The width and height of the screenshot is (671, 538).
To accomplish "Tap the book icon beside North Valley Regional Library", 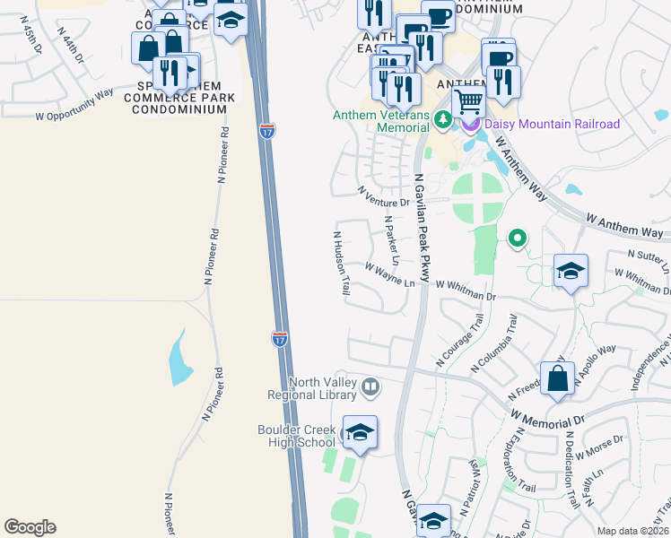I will (x=370, y=388).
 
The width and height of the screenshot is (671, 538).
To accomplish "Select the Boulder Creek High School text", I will (x=296, y=435).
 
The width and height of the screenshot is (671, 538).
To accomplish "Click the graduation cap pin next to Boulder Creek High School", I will (x=360, y=434).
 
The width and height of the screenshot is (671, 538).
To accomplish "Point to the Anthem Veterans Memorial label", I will (x=380, y=121).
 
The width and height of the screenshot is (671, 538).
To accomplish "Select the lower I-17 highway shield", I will (x=280, y=339).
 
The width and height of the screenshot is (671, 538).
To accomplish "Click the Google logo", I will (x=30, y=527).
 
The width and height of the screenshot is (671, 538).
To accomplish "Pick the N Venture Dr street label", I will (x=383, y=195).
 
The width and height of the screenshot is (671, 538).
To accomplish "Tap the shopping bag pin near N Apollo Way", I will (x=558, y=379).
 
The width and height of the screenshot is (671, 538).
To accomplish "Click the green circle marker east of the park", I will (x=517, y=239).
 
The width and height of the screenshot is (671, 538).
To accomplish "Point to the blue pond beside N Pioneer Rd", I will (x=180, y=360).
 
